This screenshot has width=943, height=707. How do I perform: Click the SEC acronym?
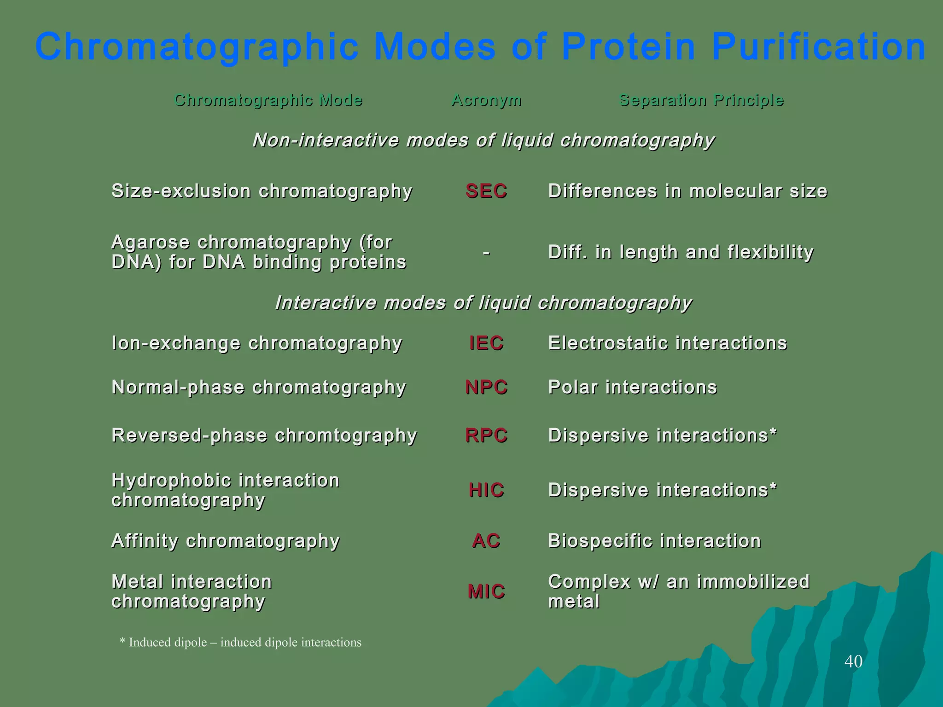tap(486, 191)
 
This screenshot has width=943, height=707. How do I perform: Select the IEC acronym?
tap(486, 343)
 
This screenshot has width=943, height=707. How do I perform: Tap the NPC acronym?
tap(486, 388)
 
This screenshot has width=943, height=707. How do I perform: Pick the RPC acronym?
tap(486, 435)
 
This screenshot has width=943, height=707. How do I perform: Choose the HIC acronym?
tap(486, 490)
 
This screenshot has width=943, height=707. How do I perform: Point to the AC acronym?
tap(486, 541)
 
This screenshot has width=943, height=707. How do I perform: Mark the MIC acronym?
tap(486, 591)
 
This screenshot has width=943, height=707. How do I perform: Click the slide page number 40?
tap(853, 661)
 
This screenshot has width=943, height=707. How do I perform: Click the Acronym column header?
tap(486, 100)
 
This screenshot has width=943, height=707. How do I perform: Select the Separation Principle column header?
tap(701, 100)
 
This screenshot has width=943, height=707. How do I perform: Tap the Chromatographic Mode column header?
tap(268, 100)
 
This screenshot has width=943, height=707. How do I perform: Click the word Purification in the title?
tap(819, 47)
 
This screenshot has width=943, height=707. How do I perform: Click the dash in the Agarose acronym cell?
tap(486, 253)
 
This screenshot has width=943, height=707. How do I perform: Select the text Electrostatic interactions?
tap(668, 343)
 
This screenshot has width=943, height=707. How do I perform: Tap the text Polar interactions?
tap(633, 388)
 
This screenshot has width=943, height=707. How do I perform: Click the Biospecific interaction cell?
tap(654, 541)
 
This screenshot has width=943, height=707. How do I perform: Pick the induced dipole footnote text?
tap(240, 642)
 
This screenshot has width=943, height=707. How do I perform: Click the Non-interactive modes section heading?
tap(483, 140)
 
